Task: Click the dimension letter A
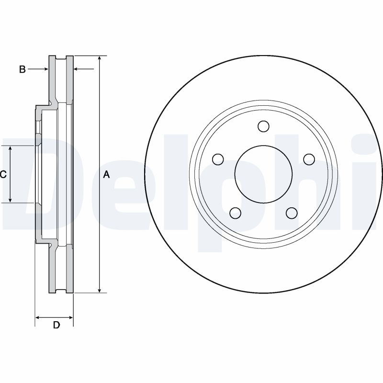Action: (x=107, y=175)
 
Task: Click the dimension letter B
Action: (x=22, y=70)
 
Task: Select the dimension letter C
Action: (x=3, y=175)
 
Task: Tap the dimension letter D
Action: (x=56, y=326)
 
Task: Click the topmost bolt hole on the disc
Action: (x=263, y=126)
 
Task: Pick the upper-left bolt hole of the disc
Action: (x=218, y=159)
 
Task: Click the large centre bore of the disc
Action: (x=263, y=174)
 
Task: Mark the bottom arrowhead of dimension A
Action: (x=99, y=290)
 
